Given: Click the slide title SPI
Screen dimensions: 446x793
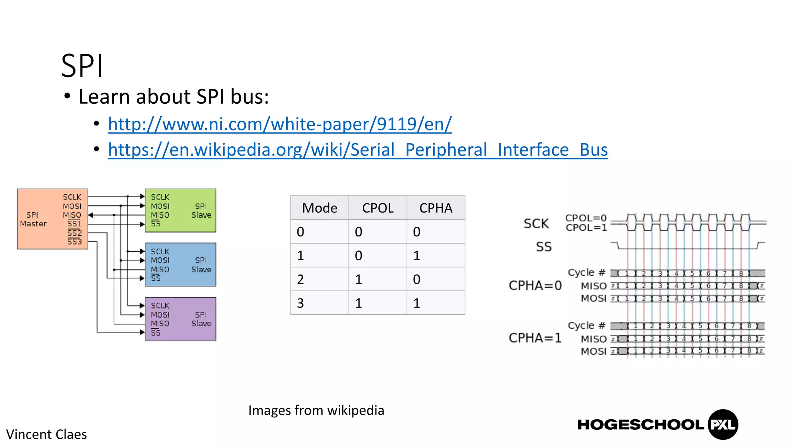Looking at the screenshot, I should [x=82, y=66].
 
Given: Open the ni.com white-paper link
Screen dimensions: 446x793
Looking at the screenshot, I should [x=280, y=124].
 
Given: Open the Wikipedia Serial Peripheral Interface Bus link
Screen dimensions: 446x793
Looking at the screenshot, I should [x=358, y=150].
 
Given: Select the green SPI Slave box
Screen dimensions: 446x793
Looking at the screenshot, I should [x=180, y=211].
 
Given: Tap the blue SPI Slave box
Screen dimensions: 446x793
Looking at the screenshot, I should [x=180, y=265].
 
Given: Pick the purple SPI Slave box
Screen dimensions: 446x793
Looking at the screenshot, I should [x=180, y=319].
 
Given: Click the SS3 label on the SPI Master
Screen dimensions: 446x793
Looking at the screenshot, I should [x=74, y=242].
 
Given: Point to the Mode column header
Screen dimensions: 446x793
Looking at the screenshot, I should [x=319, y=208].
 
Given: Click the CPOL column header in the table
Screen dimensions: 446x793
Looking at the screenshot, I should [x=378, y=208].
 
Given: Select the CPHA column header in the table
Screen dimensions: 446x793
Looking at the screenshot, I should [x=436, y=208].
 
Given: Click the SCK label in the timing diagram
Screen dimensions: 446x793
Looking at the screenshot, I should [x=536, y=223].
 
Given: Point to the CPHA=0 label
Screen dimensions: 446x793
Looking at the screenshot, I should [x=535, y=286].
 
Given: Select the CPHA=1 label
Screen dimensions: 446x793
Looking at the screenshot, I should [x=535, y=338].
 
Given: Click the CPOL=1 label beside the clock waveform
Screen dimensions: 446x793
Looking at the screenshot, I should [x=586, y=228].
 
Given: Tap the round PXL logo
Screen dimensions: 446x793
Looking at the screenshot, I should [x=723, y=425].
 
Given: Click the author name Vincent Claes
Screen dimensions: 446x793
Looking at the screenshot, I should [x=46, y=434].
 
